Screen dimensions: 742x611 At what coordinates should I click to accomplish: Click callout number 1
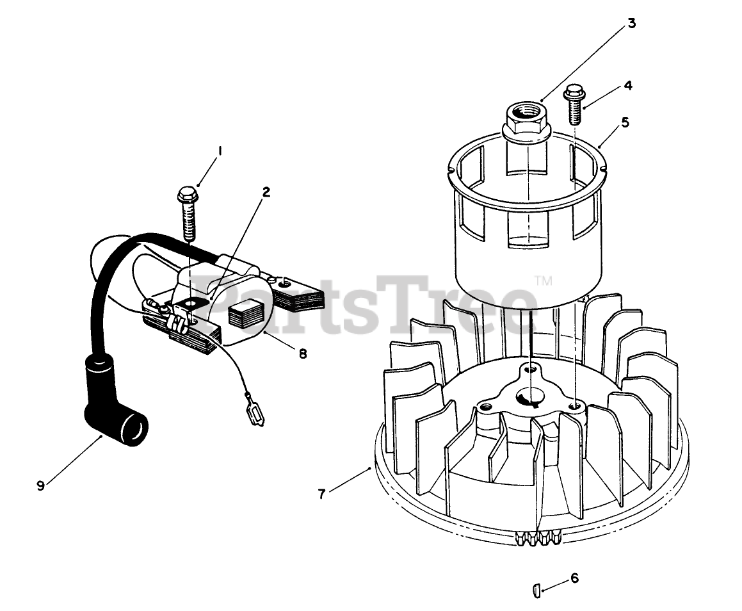pos(220,151)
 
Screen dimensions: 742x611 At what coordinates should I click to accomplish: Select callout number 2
pos(266,191)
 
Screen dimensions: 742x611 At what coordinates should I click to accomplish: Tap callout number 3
pos(631,24)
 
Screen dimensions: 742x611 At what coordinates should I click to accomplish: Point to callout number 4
pos(628,85)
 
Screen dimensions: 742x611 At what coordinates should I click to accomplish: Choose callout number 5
pos(624,122)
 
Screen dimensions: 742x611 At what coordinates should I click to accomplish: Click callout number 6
pos(574,578)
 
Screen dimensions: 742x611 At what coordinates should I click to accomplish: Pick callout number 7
pos(322,493)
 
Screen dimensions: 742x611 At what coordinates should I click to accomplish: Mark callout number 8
pos(302,352)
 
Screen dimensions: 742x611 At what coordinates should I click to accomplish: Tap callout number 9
pos(40,485)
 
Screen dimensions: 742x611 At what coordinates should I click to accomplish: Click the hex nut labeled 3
pos(526,118)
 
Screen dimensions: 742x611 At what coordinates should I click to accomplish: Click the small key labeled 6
pos(537,589)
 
